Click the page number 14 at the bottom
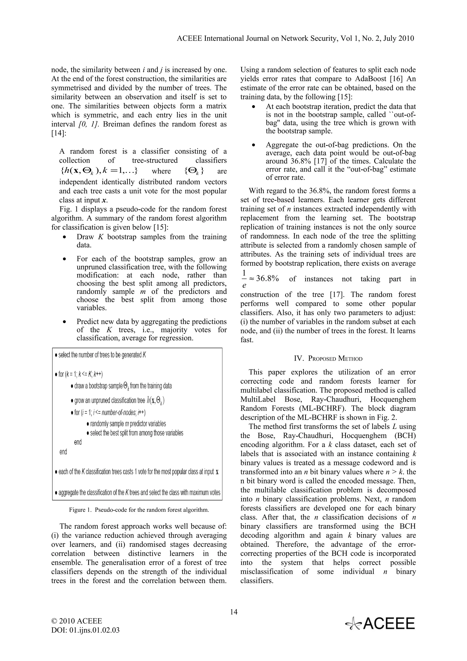(234, 612)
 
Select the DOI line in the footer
(85, 630)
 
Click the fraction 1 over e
(244, 279)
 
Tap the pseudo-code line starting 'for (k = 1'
(80, 374)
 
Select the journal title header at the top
(295, 39)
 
